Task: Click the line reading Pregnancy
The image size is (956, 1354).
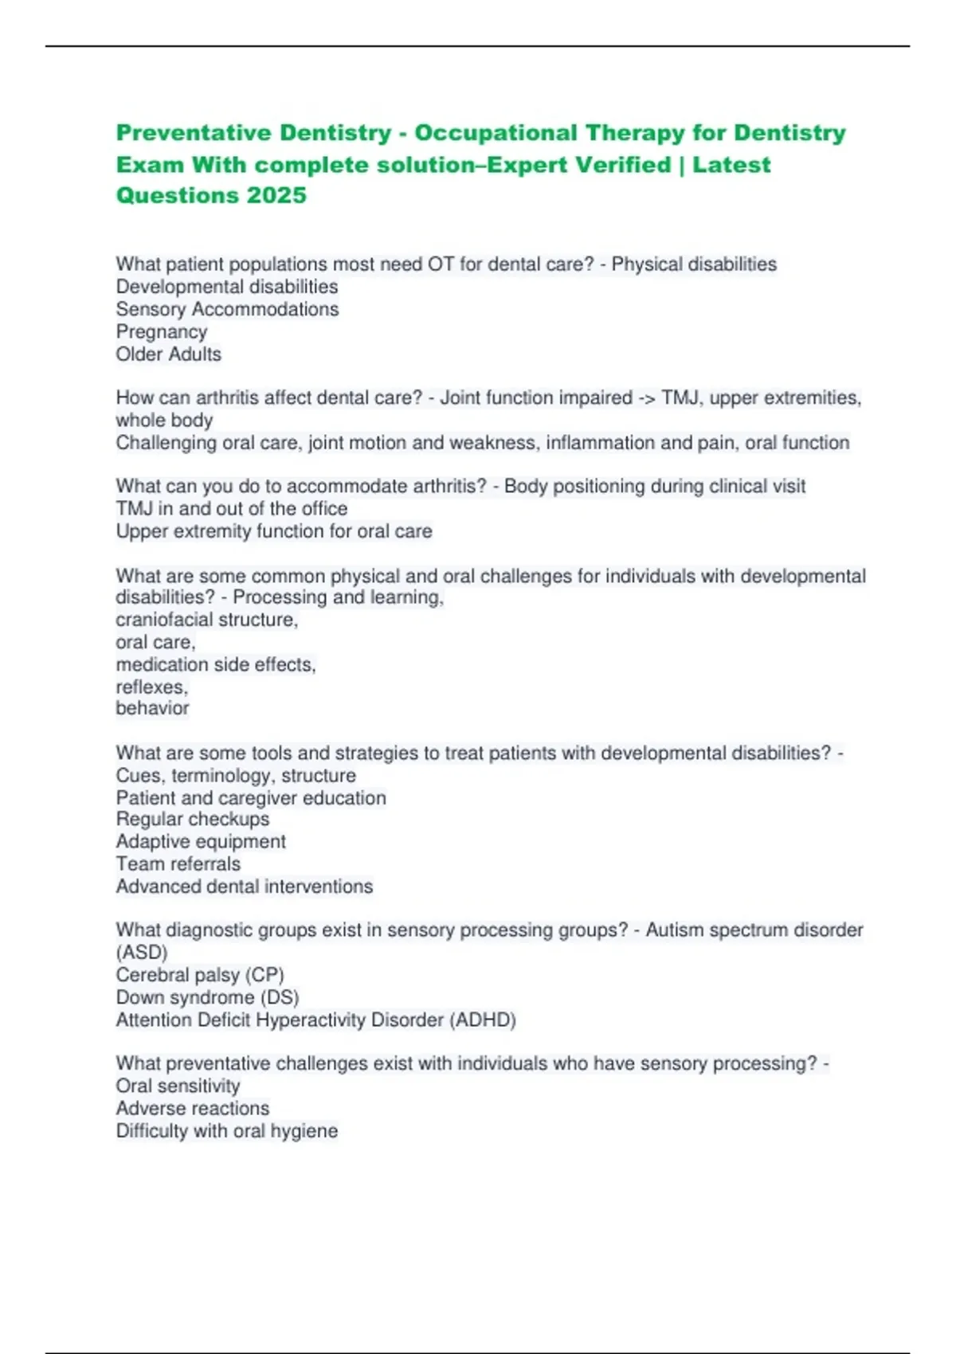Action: tap(161, 331)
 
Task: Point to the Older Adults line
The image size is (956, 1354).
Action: tap(168, 354)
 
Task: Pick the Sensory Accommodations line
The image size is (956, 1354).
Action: tap(227, 309)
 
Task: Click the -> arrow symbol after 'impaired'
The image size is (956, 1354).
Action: tap(647, 397)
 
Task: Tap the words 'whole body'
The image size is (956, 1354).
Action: tap(164, 420)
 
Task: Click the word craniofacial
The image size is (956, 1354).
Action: tap(164, 620)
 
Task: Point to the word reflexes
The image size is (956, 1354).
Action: tap(151, 687)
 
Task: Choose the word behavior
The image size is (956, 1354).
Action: tap(152, 708)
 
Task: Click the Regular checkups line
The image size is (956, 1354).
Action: tap(193, 819)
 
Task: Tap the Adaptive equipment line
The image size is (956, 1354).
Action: tap(201, 841)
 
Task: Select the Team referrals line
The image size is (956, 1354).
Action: tap(178, 863)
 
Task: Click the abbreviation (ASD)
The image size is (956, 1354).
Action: tap(142, 952)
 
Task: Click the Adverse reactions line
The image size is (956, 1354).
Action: tap(193, 1108)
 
